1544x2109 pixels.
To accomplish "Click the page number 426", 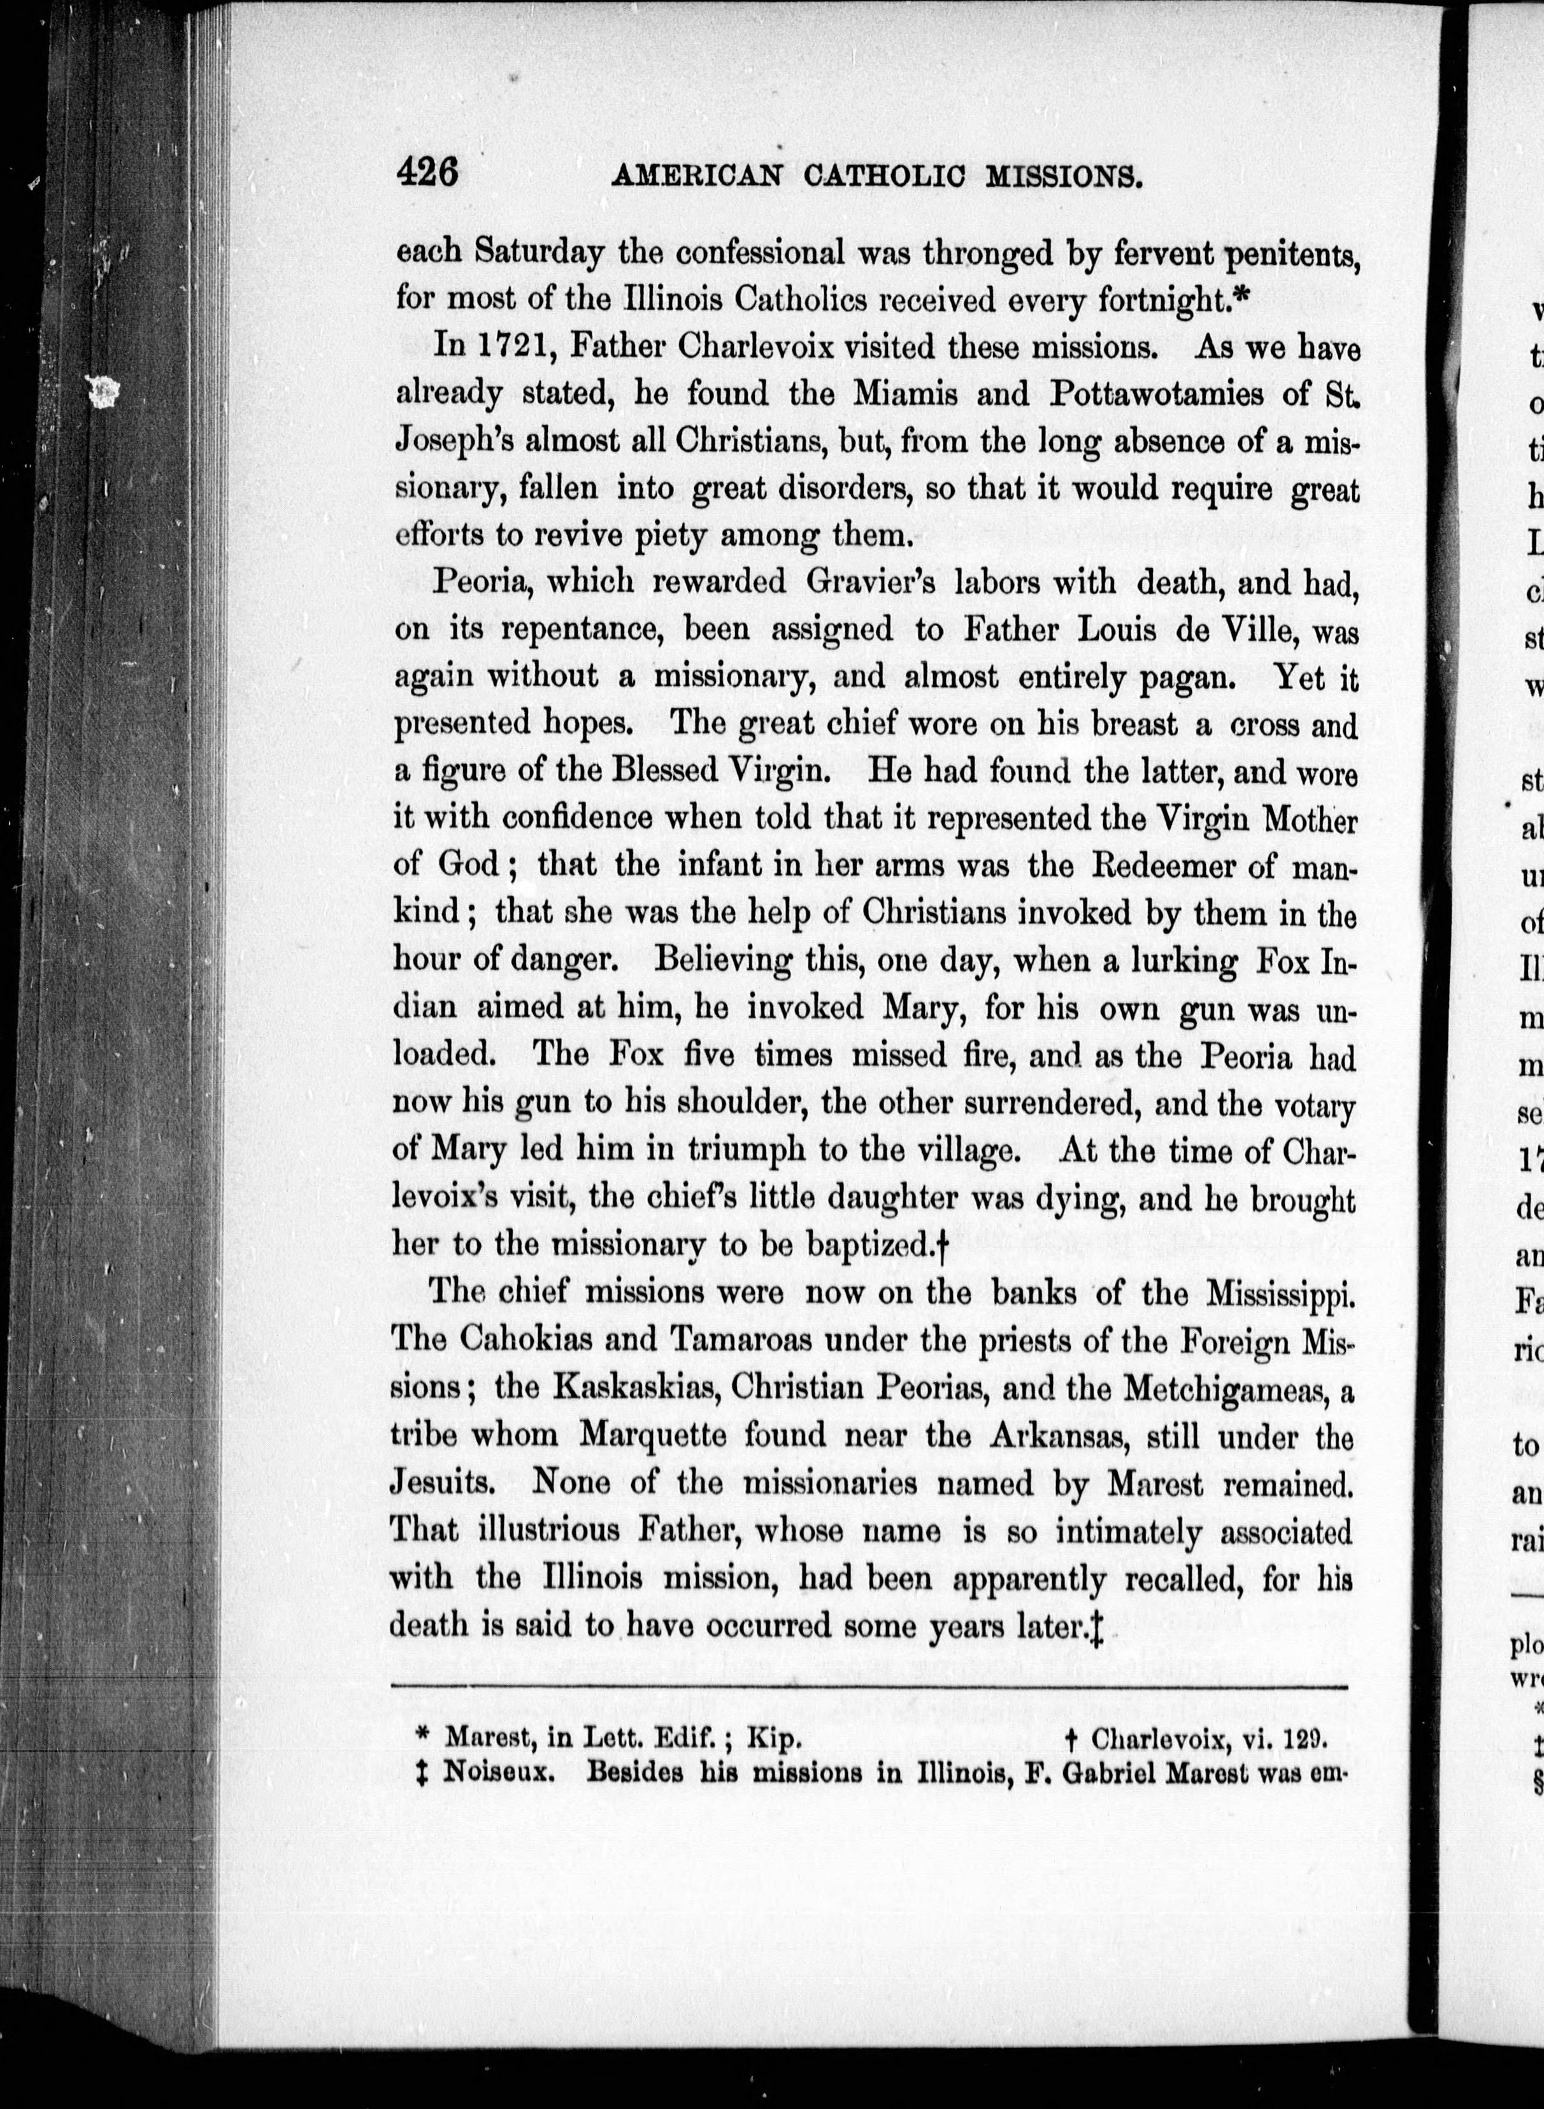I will point(427,174).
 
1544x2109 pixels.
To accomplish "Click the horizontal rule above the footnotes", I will point(869,1687).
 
